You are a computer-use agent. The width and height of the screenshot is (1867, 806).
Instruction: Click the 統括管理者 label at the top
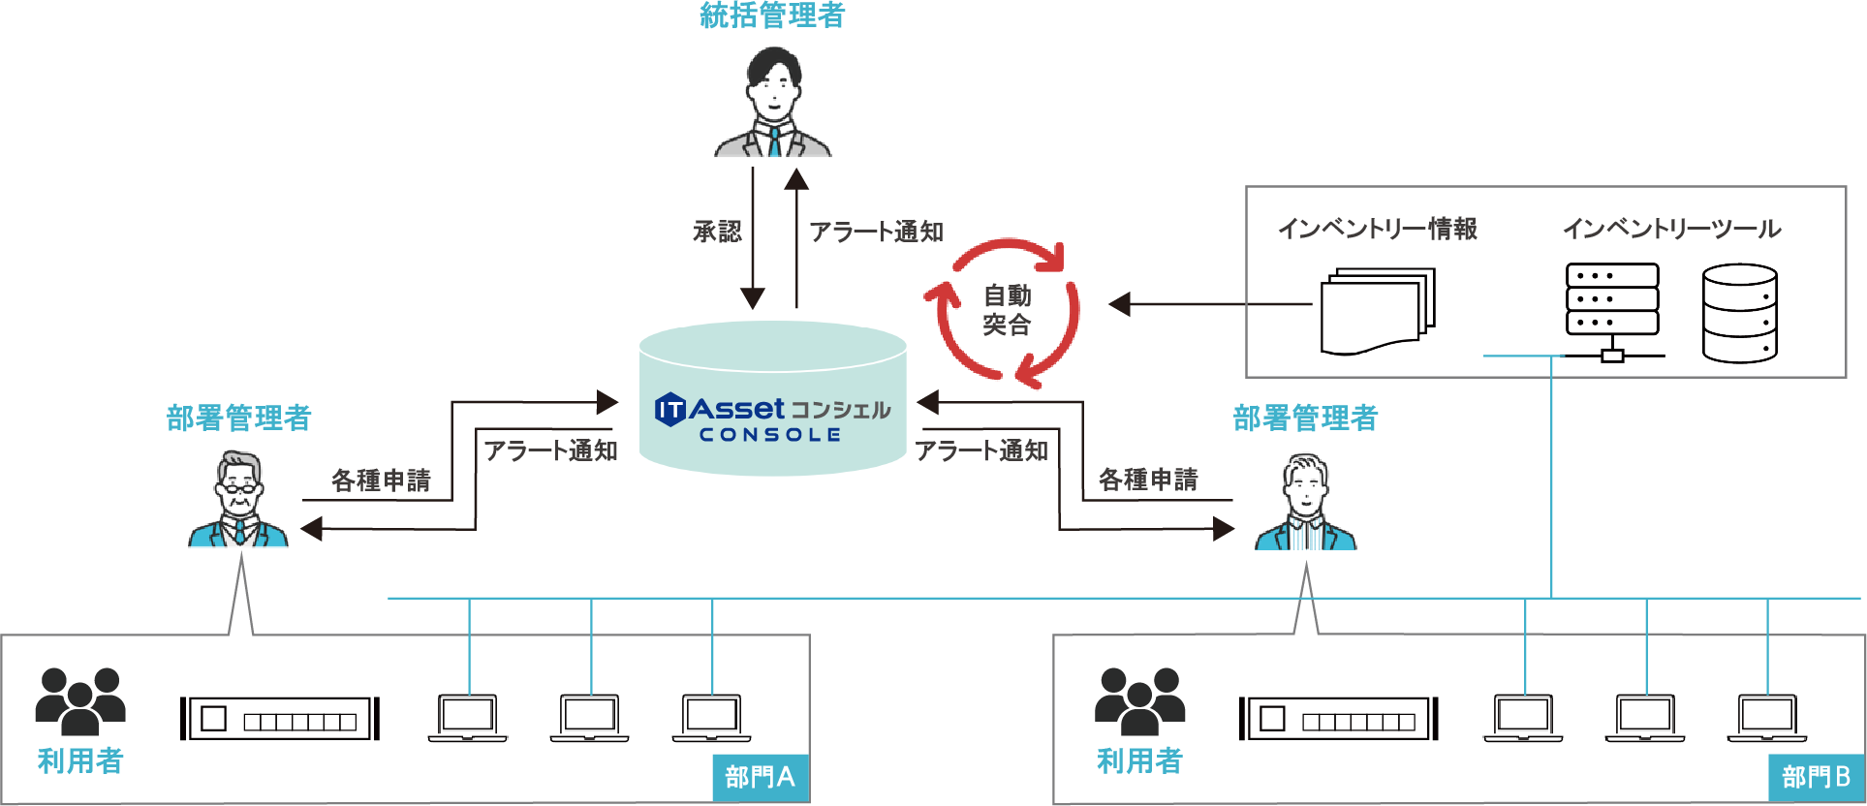772,15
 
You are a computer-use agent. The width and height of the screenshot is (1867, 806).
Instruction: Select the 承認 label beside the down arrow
717,232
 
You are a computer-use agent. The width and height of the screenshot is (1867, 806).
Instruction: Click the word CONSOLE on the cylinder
770,435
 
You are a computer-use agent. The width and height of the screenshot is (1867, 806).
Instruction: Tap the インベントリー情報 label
1377,229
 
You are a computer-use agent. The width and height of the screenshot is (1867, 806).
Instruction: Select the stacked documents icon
1377,311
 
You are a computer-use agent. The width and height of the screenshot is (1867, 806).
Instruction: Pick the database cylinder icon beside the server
1739,313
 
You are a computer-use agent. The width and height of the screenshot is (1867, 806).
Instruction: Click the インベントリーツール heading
1671,229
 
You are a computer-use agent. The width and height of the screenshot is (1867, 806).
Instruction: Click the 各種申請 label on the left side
381,480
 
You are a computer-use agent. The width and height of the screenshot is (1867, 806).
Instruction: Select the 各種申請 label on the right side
1148,479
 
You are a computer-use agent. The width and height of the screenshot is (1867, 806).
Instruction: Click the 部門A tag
760,777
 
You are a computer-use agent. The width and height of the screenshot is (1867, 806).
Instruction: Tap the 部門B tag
1816,777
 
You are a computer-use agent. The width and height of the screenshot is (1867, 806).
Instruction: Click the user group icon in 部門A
80,700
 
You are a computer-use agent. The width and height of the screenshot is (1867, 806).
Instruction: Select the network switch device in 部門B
1338,719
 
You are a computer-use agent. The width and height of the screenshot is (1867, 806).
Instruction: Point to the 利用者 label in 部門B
1139,761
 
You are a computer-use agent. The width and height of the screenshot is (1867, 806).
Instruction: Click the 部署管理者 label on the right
1305,418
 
